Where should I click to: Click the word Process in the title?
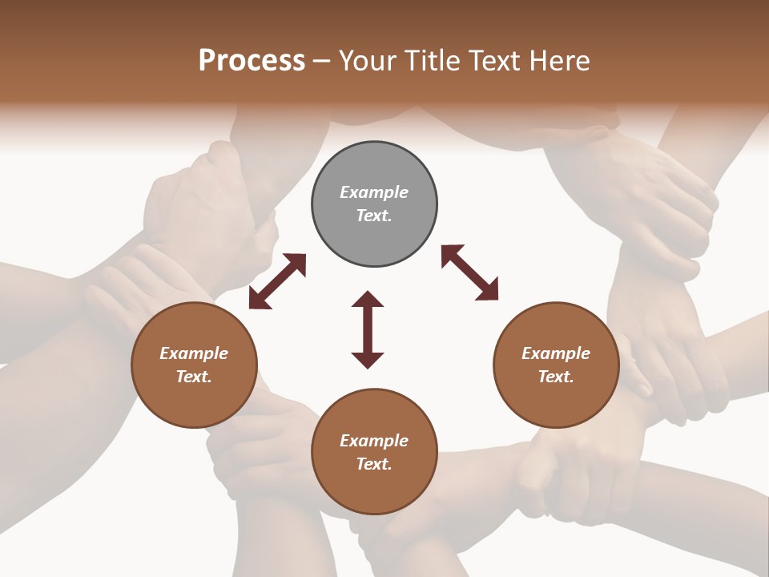(x=252, y=61)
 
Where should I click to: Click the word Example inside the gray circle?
(x=374, y=192)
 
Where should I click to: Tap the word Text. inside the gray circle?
(x=374, y=216)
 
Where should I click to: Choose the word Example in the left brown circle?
(x=194, y=353)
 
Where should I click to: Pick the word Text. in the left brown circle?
(x=194, y=377)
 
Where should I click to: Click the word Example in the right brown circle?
(x=556, y=353)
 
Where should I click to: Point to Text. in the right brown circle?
(x=556, y=377)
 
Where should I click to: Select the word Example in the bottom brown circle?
(x=374, y=441)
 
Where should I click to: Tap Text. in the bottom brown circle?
(x=374, y=464)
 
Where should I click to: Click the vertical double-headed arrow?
(x=368, y=329)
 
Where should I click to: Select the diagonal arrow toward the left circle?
(x=277, y=281)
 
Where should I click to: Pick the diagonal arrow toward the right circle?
(x=469, y=273)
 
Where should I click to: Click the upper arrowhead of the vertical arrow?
(x=368, y=300)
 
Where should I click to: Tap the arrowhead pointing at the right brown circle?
(x=488, y=291)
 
